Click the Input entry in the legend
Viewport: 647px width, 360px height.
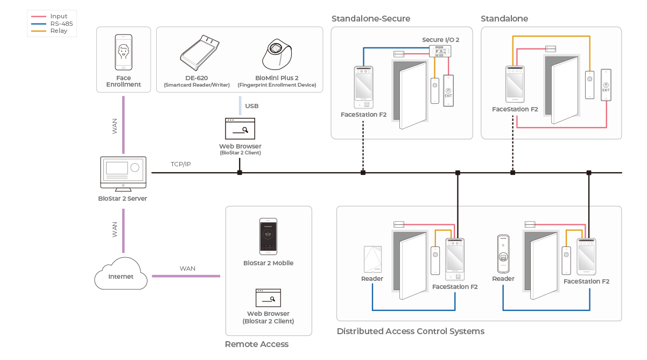click(59, 17)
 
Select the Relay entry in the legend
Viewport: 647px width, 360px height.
click(59, 31)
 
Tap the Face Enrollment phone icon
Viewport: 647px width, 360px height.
click(123, 52)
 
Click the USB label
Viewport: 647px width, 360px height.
click(252, 106)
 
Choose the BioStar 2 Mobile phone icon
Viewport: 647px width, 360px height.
click(268, 236)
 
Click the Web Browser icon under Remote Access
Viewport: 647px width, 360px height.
click(268, 298)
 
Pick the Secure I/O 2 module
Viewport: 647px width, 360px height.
click(440, 51)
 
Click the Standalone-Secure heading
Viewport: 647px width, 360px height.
click(371, 19)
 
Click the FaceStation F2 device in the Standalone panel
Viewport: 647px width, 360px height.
click(515, 84)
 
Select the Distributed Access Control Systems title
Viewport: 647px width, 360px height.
click(410, 331)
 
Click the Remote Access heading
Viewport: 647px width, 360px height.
click(257, 344)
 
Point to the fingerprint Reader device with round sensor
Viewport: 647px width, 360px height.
click(503, 254)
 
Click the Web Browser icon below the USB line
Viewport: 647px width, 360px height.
click(240, 129)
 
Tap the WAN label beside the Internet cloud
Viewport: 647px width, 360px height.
click(187, 269)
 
